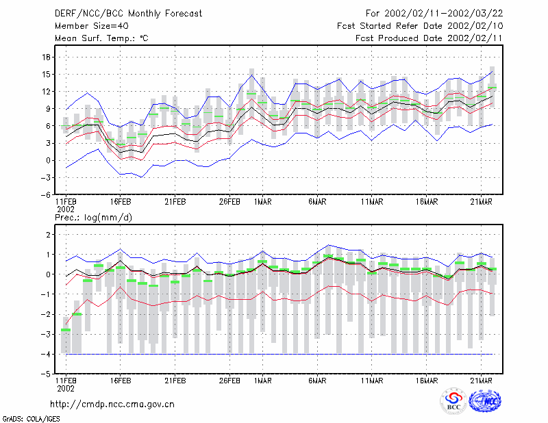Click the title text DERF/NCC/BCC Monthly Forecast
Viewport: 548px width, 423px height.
(128, 14)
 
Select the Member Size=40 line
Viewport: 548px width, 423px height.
(92, 26)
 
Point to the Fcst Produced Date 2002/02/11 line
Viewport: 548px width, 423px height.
(429, 38)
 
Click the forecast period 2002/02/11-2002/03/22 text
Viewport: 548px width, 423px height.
(443, 14)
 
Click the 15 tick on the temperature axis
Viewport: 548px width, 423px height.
(47, 75)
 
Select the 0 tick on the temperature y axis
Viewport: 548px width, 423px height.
(49, 161)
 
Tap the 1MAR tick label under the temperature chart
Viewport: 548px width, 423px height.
(263, 202)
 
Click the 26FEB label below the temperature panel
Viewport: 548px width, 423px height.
(229, 202)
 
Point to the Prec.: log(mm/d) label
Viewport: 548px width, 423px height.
(93, 218)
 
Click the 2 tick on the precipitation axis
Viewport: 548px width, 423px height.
(49, 234)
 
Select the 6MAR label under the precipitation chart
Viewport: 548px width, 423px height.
(317, 381)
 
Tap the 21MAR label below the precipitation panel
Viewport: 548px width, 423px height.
(482, 381)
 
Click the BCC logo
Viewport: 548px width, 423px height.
(453, 401)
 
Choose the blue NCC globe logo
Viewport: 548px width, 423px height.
(485, 401)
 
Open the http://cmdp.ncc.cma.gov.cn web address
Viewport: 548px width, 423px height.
(112, 405)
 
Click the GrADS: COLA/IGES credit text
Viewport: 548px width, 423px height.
(31, 419)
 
